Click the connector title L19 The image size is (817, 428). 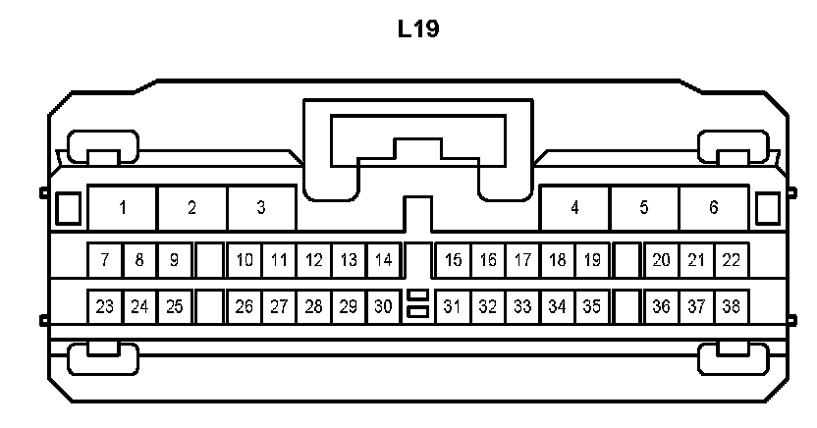(x=418, y=29)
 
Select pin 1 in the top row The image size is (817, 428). (x=123, y=207)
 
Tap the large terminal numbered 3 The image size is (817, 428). (x=261, y=207)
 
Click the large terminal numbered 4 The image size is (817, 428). (x=574, y=207)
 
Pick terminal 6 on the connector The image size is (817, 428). (x=713, y=207)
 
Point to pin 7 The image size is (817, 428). (x=104, y=260)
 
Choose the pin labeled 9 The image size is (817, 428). (x=174, y=260)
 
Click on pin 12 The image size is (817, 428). (x=313, y=260)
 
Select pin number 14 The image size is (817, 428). (x=383, y=260)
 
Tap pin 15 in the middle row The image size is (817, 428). (x=453, y=260)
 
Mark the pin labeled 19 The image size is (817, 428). (x=591, y=260)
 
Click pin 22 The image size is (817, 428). (x=731, y=260)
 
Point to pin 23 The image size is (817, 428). (x=104, y=306)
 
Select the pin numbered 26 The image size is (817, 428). (x=244, y=306)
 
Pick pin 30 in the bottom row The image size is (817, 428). (x=383, y=306)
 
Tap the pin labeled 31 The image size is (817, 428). (x=453, y=306)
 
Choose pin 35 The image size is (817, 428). (x=591, y=306)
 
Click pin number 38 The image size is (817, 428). (x=731, y=306)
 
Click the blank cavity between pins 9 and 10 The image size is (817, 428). (x=208, y=260)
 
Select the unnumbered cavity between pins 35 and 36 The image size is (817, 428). (x=626, y=306)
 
